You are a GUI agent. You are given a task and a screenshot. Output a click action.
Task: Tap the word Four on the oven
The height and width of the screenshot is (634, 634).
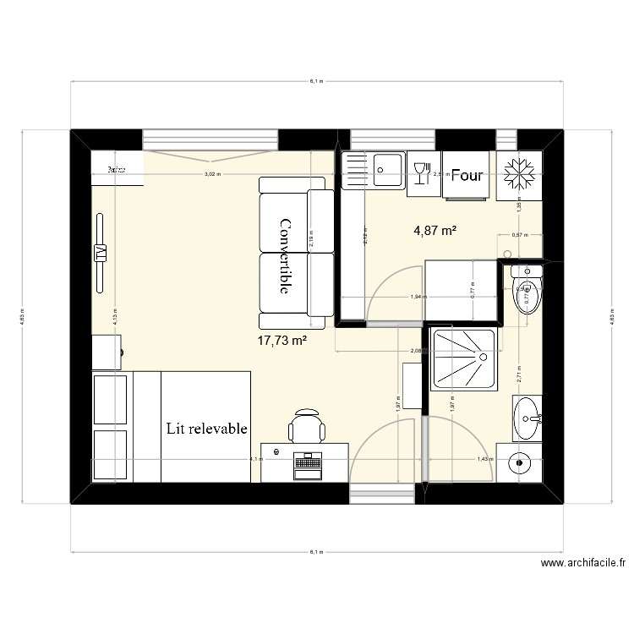[x=467, y=176]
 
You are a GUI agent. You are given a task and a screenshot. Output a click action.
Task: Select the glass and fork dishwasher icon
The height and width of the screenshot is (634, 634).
[x=420, y=172]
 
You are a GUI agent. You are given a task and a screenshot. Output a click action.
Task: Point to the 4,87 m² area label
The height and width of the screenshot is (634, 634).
[x=435, y=229]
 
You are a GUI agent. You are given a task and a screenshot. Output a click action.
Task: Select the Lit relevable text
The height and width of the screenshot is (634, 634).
[x=207, y=429]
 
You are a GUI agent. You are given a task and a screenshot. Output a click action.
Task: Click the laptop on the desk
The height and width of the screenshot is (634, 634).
[x=307, y=464]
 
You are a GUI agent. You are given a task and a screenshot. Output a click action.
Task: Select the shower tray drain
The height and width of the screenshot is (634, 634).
[x=484, y=357]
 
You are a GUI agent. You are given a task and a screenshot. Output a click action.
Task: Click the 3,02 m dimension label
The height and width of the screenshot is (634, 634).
[x=211, y=174]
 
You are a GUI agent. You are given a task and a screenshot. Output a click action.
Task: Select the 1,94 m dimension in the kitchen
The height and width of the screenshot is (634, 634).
[x=417, y=297]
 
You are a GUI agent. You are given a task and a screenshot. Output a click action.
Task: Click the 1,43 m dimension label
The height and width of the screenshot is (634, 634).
[x=484, y=459]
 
